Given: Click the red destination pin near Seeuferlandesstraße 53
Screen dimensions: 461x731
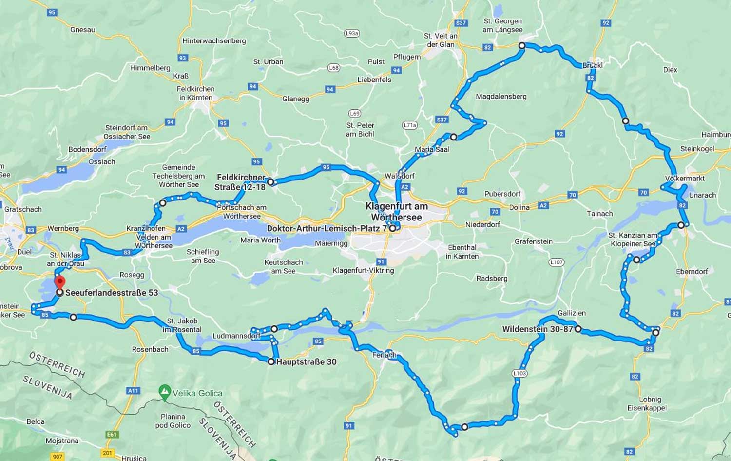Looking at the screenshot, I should [59, 282].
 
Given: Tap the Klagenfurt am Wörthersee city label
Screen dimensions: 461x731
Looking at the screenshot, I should [396, 212].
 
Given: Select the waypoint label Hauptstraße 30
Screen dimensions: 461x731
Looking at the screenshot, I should [306, 362].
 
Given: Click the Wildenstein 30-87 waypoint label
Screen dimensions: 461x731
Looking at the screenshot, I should [538, 329].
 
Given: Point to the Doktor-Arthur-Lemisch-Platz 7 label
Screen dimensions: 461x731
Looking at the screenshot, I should [327, 228].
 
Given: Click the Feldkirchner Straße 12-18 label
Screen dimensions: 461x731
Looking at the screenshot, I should [241, 182].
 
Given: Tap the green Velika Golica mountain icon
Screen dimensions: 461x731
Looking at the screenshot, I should [165, 392].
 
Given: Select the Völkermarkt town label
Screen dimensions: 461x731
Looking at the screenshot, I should [685, 179].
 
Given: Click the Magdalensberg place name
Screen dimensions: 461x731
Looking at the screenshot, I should [501, 97].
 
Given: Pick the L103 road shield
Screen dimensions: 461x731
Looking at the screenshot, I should [519, 373].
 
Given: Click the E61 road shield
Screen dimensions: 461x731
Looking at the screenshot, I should [112, 434].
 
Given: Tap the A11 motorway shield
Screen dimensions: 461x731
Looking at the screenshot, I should [133, 390].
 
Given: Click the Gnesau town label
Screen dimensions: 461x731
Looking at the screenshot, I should [82, 30].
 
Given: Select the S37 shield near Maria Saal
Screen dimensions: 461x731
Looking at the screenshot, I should [442, 120].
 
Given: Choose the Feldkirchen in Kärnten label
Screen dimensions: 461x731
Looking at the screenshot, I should [195, 93].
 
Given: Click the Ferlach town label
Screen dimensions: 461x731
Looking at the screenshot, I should [384, 355].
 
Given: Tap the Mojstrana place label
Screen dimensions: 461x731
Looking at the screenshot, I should [62, 441].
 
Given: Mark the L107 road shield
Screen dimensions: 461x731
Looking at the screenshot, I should [556, 262].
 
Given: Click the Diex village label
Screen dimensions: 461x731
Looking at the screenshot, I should [670, 70].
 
